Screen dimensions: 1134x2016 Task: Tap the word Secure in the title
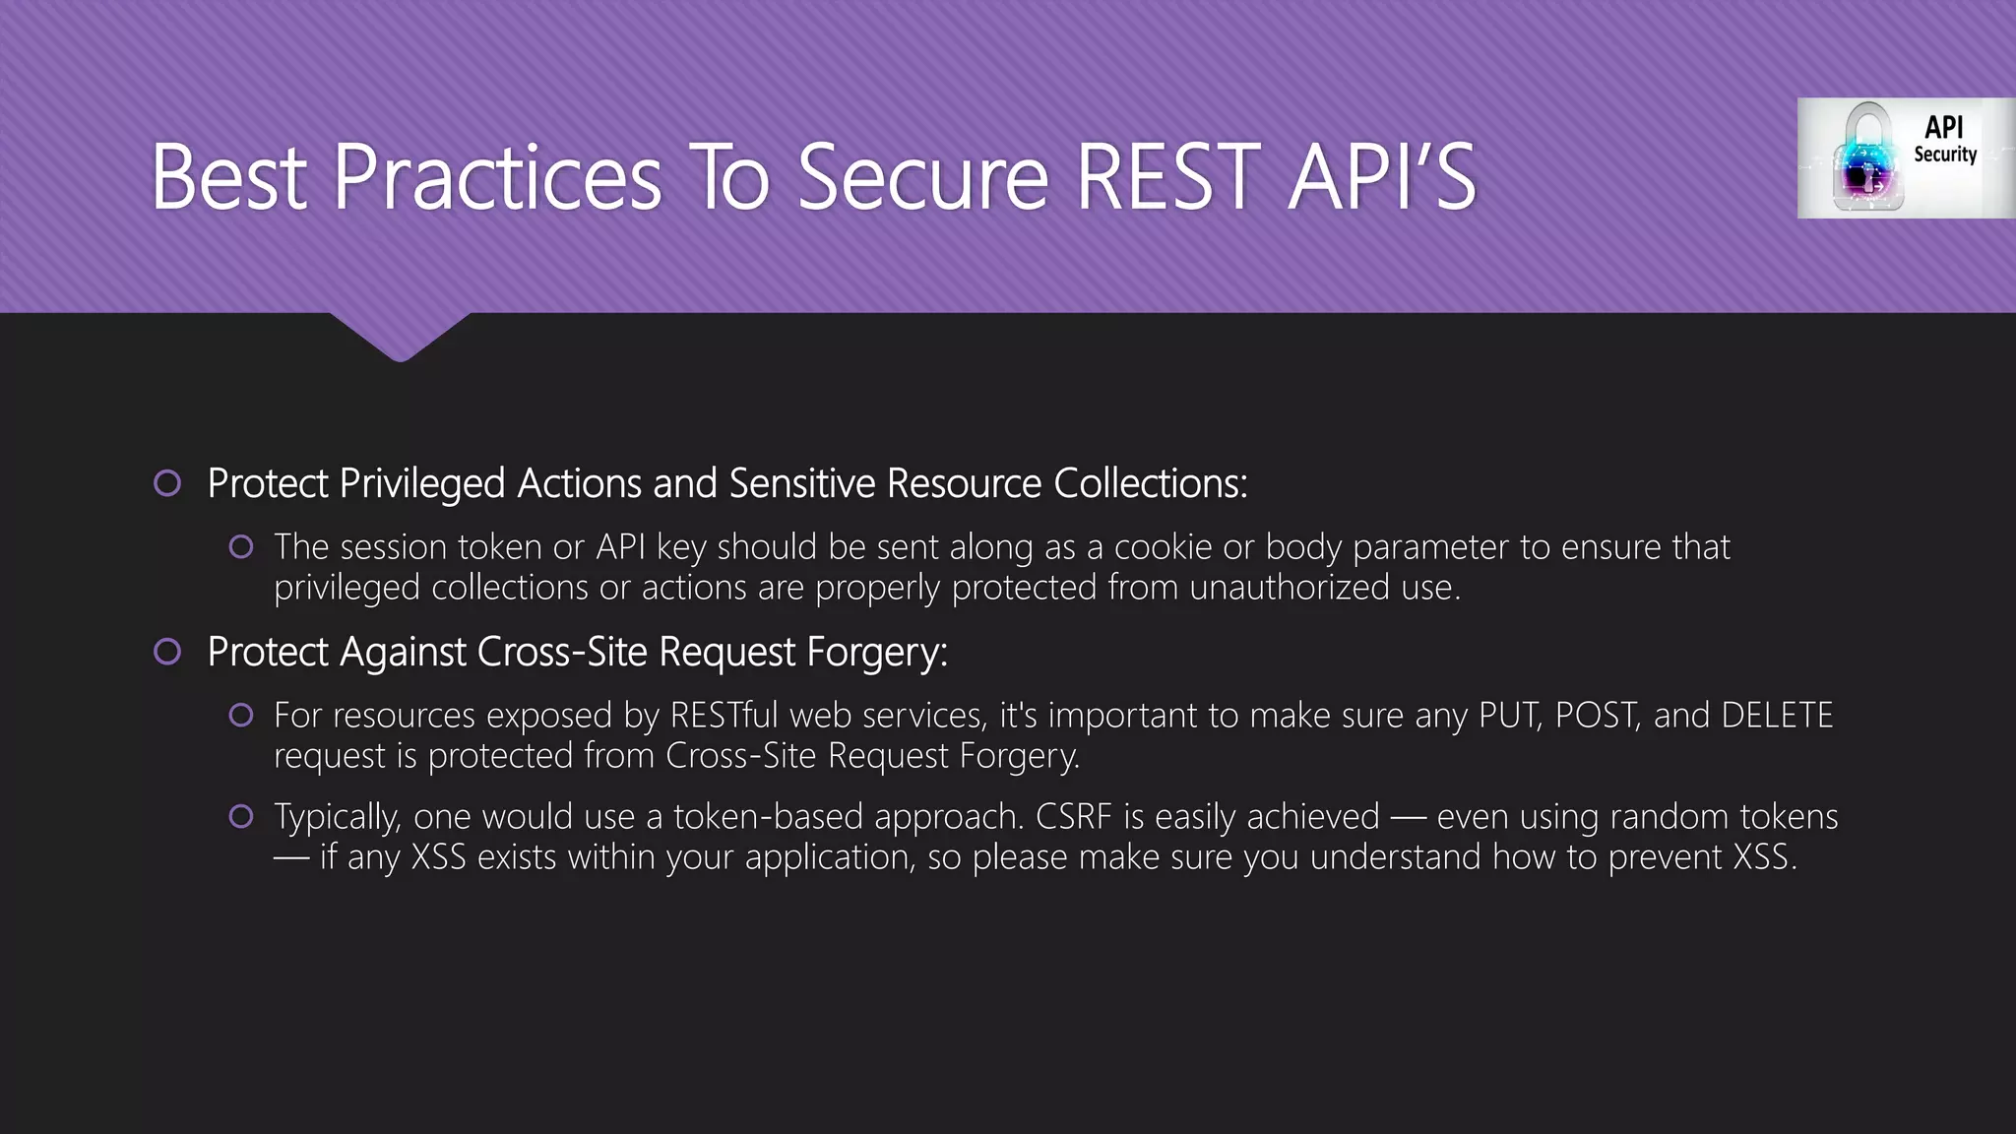point(923,177)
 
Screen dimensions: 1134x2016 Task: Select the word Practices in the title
point(497,177)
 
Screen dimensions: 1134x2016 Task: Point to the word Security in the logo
point(1945,155)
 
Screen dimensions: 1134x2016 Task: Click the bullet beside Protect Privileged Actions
point(167,483)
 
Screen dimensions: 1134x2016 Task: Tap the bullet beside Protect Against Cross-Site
point(167,652)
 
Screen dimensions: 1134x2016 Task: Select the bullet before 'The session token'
point(241,546)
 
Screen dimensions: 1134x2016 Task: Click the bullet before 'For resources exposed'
point(241,715)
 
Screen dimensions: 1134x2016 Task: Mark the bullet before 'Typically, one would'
point(241,816)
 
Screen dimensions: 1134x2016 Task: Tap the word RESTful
point(724,715)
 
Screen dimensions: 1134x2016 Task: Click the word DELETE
point(1777,715)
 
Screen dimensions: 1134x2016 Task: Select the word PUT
point(1509,715)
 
